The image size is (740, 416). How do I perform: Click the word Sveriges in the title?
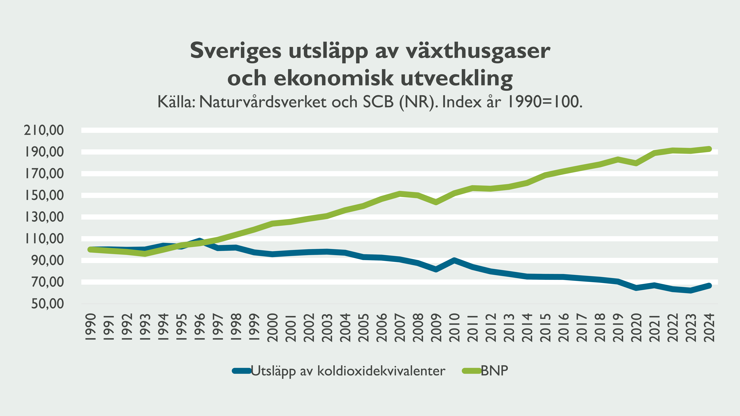(236, 51)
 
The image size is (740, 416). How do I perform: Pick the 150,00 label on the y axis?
(44, 195)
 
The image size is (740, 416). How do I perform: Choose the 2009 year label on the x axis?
(436, 327)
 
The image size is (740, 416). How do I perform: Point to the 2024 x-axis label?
(709, 327)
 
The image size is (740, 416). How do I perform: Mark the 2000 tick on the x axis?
(272, 327)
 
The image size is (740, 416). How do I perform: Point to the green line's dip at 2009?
(436, 202)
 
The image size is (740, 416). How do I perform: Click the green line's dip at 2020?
(636, 163)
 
